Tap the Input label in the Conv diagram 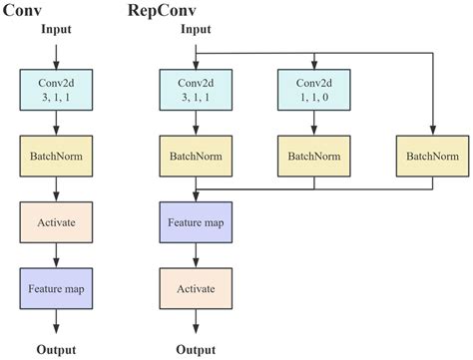tap(56, 30)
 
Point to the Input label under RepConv tap(196, 30)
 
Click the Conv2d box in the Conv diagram tap(56, 91)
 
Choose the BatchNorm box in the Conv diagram tap(56, 157)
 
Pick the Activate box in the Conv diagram tap(56, 221)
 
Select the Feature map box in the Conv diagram tap(56, 286)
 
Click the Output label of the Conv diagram tap(56, 349)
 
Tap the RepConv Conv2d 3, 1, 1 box tap(196, 91)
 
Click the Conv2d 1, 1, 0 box tap(314, 91)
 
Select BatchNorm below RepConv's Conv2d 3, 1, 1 tap(196, 157)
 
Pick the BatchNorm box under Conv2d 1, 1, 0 tap(314, 157)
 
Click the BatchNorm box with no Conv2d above tap(433, 157)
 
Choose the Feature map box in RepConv tap(196, 221)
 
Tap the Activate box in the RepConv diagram tap(196, 286)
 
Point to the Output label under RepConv tap(196, 349)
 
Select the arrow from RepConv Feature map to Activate tap(196, 254)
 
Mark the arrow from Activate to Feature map tap(56, 254)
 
